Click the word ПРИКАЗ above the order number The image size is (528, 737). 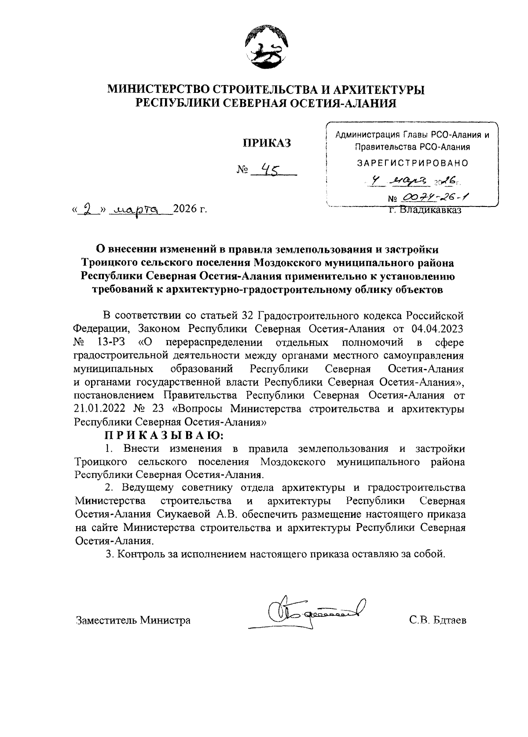click(265, 144)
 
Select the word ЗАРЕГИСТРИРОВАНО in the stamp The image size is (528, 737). click(412, 163)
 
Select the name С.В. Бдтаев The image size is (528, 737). click(437, 620)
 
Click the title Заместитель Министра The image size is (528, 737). click(133, 620)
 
